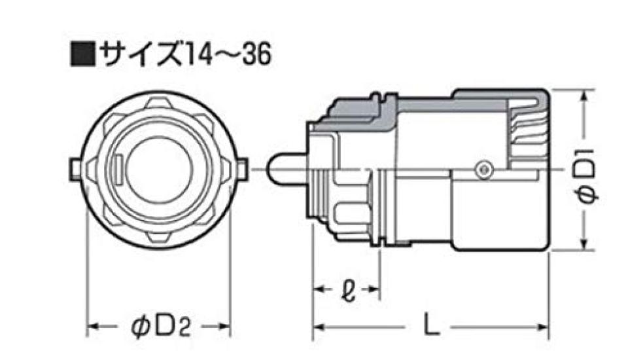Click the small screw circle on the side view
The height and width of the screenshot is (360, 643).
pyautogui.click(x=483, y=169)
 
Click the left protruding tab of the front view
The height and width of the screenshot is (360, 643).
pyautogui.click(x=74, y=169)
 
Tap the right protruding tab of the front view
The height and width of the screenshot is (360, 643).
pyautogui.click(x=242, y=169)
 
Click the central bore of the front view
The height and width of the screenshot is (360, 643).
pyautogui.click(x=158, y=169)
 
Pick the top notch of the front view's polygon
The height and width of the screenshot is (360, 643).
pyautogui.click(x=158, y=102)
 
